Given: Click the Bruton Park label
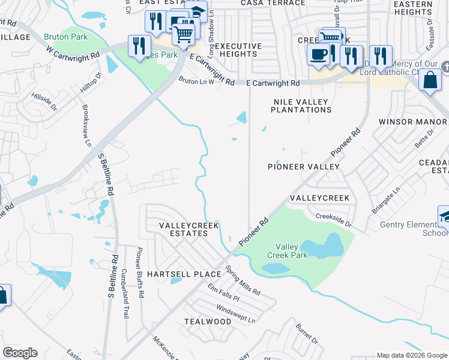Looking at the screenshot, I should tap(66, 37).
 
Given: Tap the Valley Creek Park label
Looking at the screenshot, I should tap(291, 251).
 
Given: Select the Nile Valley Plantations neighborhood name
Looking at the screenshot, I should tap(301, 106).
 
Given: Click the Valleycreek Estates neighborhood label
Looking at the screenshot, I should tap(183, 229).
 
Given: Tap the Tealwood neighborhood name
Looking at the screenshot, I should tap(208, 322).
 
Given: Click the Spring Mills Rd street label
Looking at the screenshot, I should tap(243, 281).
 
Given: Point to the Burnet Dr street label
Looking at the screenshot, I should tap(307, 334).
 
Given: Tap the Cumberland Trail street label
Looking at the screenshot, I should tap(125, 293).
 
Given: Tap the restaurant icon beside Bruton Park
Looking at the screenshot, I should tap(139, 45).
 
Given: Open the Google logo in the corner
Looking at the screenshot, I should tap(20, 353).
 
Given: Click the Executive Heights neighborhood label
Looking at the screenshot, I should tap(238, 50).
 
